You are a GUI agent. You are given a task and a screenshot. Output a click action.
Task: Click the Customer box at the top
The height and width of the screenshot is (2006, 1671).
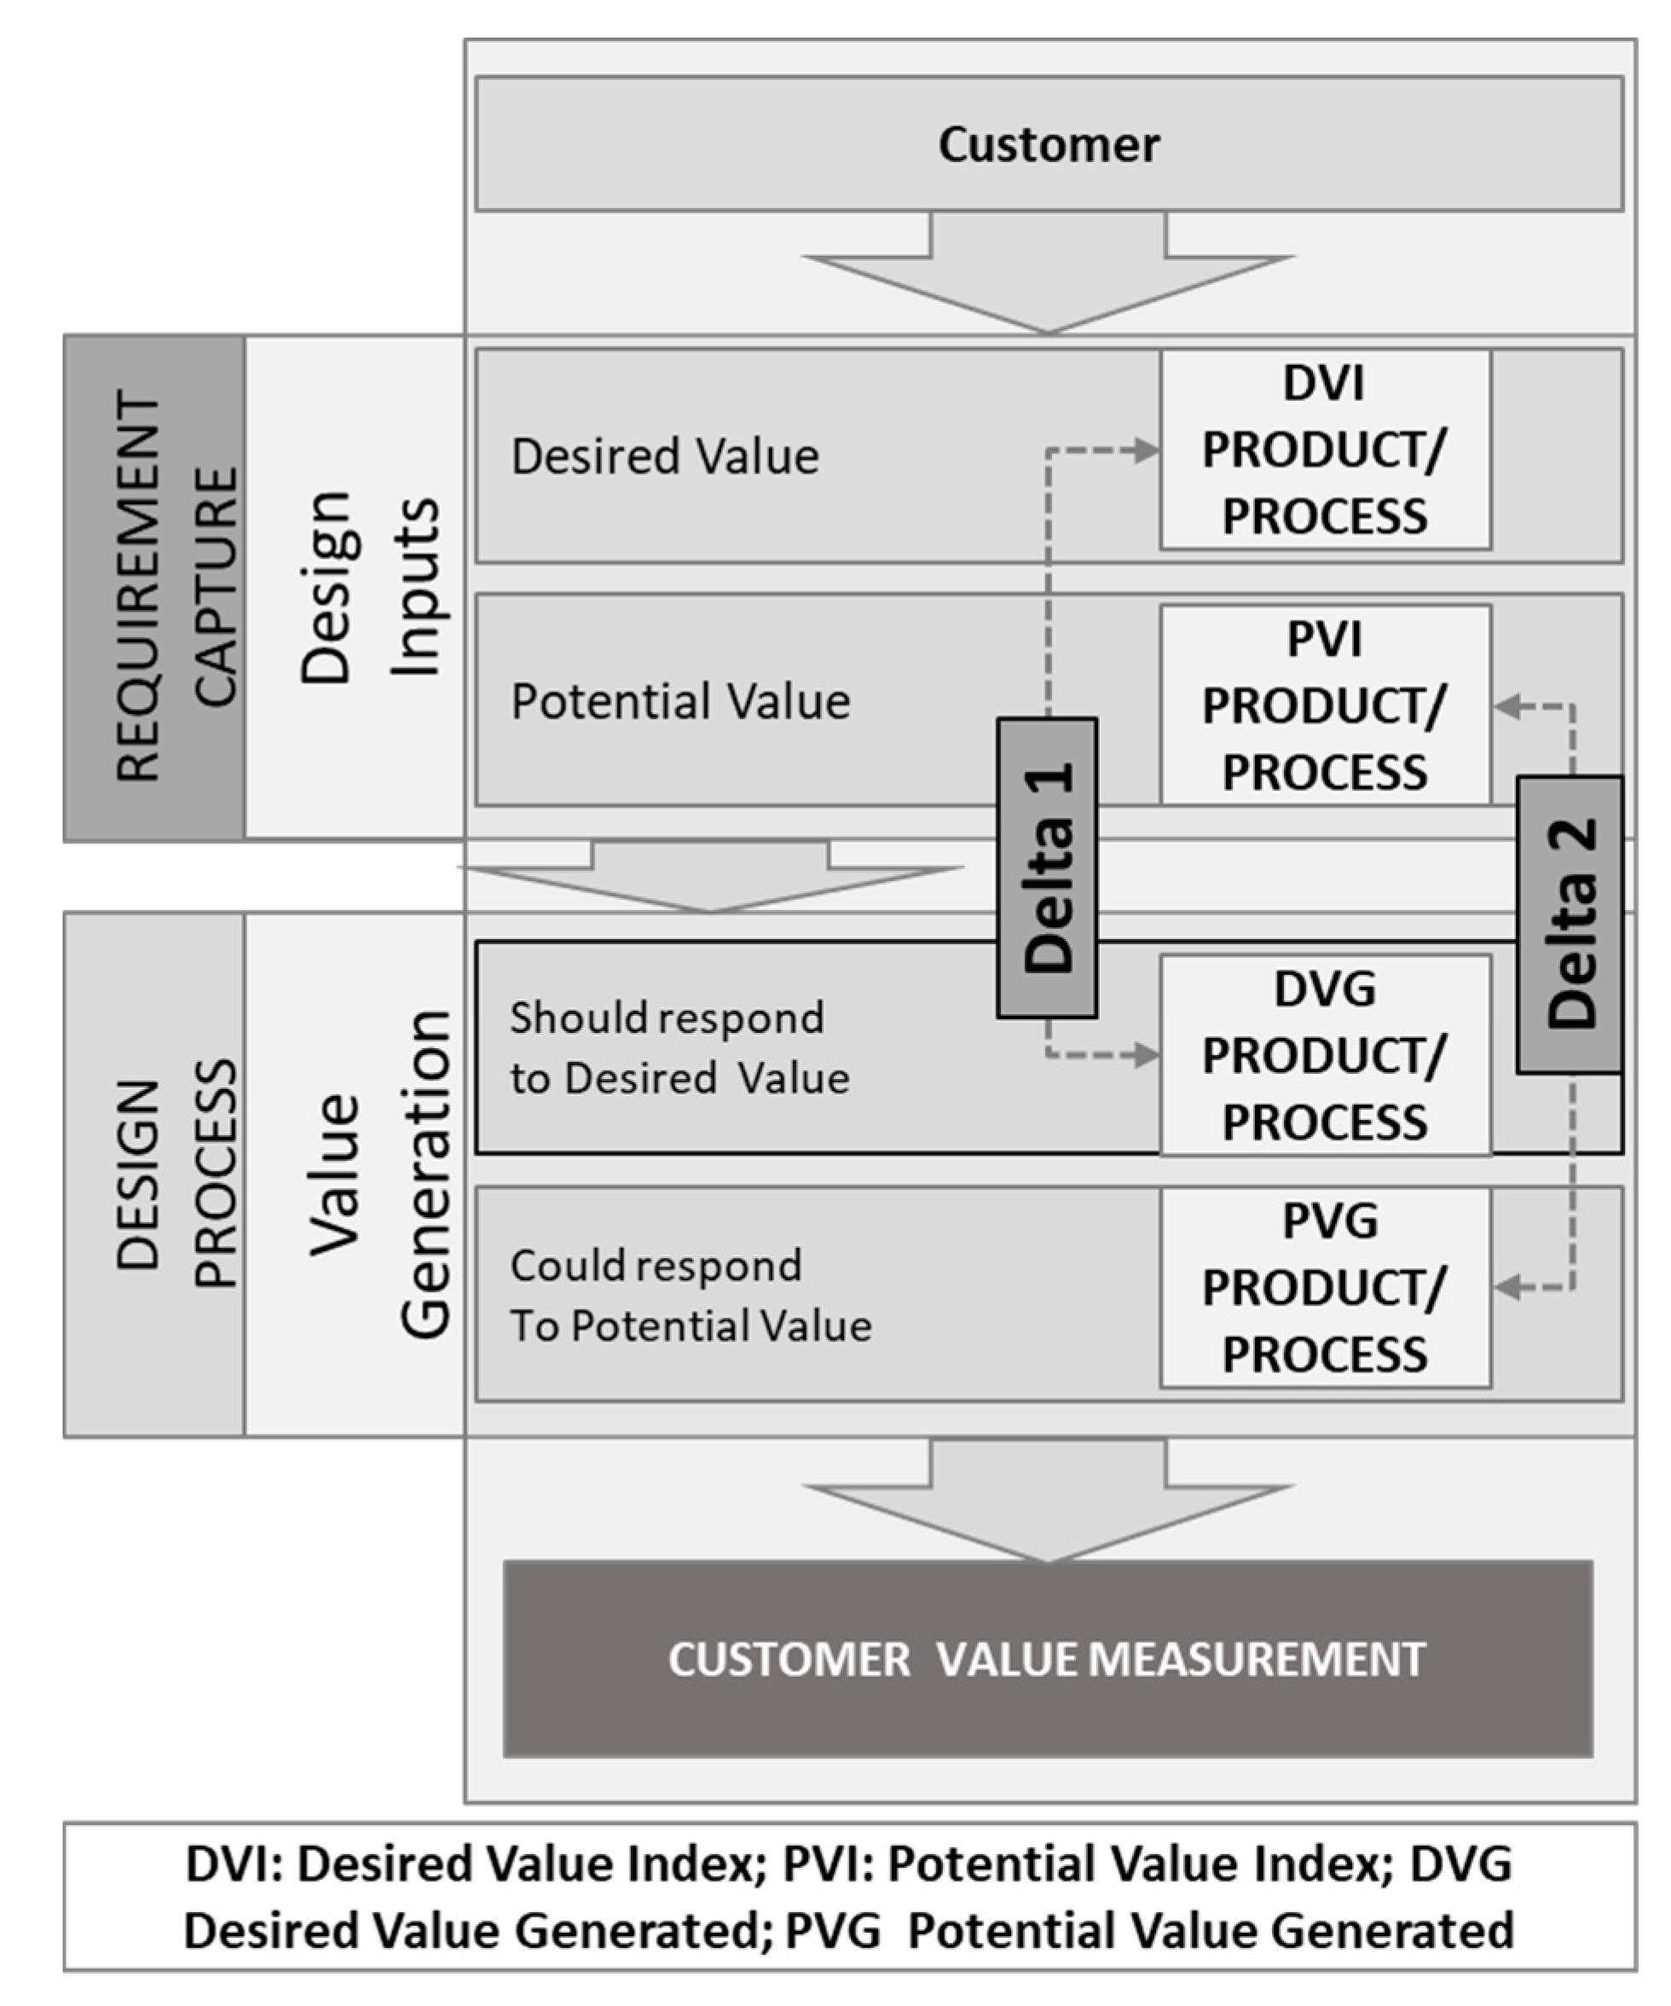pos(1049,144)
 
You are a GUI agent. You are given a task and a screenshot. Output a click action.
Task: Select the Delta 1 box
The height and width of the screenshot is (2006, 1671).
pos(1047,867)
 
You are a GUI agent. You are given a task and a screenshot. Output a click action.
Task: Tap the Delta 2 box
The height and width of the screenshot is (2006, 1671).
pos(1569,924)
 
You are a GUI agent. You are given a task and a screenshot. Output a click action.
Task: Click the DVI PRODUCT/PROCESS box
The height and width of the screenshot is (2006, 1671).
pos(1324,449)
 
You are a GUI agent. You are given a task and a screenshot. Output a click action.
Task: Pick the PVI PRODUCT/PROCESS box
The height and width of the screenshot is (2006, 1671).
pos(1324,705)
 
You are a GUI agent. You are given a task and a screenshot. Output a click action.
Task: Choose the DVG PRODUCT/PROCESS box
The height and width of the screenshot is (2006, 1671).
pos(1324,1054)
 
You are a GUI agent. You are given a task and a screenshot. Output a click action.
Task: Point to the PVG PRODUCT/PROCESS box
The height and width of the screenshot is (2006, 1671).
pos(1324,1288)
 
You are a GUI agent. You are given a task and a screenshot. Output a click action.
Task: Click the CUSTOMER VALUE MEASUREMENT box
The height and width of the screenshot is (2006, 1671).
pos(1048,1658)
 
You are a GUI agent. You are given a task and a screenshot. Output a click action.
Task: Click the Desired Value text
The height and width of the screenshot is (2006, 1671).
pos(665,455)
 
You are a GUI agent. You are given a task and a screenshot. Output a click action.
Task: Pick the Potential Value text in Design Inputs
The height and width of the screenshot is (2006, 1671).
pos(679,701)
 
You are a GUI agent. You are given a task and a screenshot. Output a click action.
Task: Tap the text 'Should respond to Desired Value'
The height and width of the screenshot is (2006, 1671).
pos(678,1048)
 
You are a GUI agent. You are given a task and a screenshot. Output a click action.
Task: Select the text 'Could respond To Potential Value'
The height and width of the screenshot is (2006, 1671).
pos(690,1296)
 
